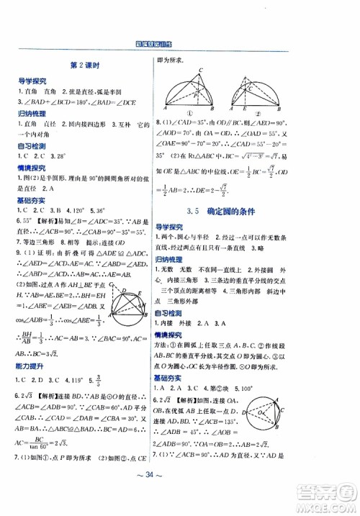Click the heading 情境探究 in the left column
pyautogui.click(x=32, y=188)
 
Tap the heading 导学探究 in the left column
pyautogui.click(x=32, y=83)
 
